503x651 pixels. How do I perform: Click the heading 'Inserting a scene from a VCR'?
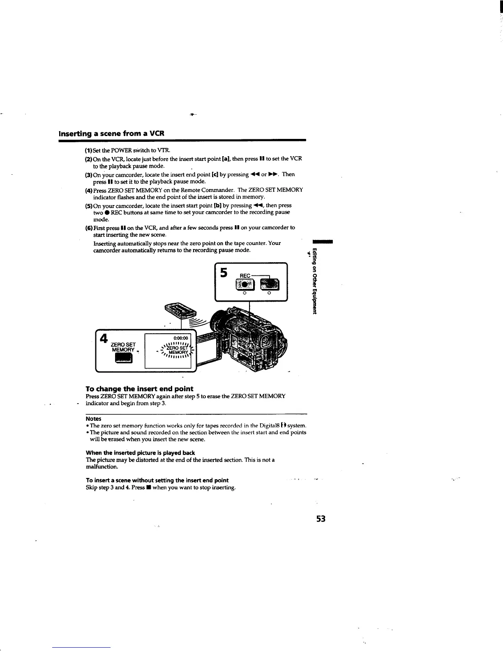[112, 134]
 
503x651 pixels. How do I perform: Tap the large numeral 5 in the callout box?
[224, 272]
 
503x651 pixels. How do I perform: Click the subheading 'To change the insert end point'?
[139, 389]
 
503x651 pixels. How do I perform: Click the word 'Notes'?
[93, 419]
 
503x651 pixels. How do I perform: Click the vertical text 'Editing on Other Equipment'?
[314, 281]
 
